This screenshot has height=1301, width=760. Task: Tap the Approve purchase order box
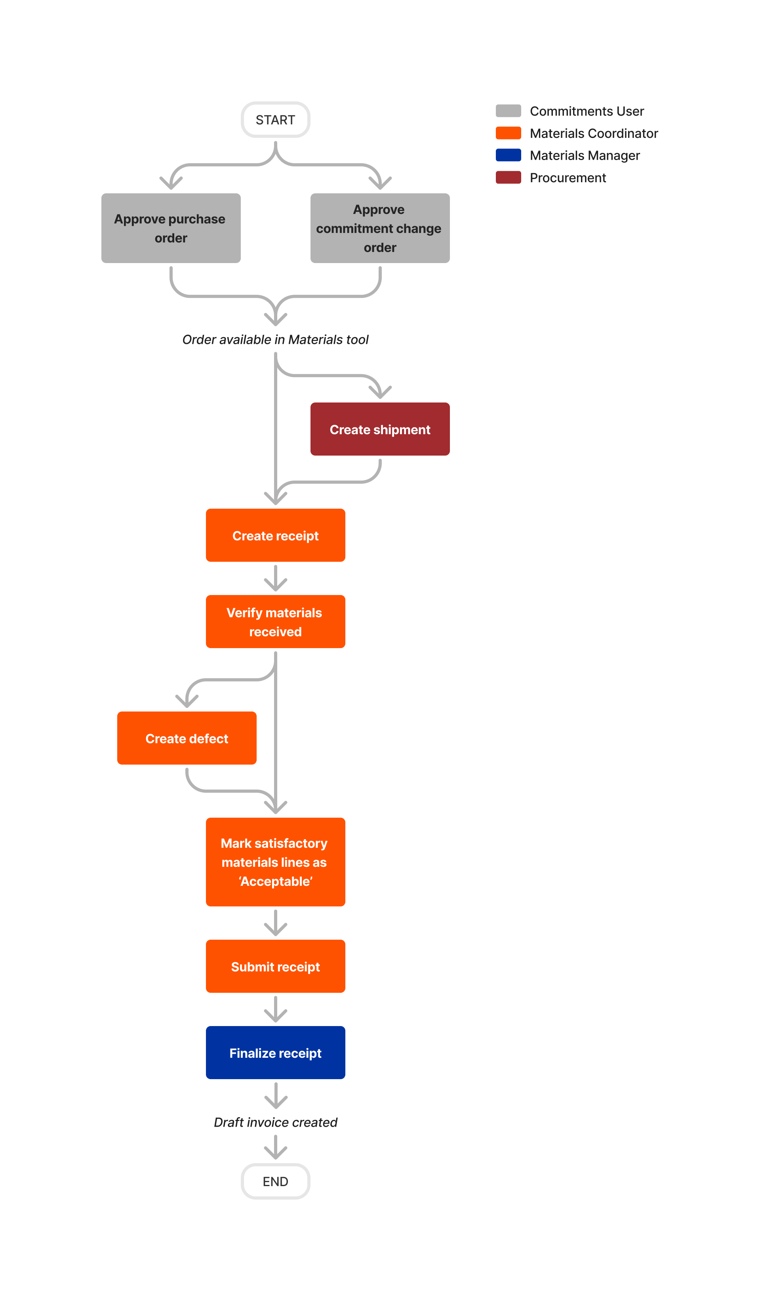(x=171, y=228)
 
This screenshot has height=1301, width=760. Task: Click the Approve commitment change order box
(x=380, y=228)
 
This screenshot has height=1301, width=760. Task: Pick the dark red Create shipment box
(x=380, y=429)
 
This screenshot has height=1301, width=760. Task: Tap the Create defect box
(x=187, y=738)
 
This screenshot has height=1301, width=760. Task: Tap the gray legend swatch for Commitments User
(x=508, y=111)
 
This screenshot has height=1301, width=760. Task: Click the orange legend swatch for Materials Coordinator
(x=508, y=133)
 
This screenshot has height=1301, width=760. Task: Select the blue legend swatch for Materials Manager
(x=508, y=155)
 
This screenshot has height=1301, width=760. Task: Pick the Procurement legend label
(x=568, y=177)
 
